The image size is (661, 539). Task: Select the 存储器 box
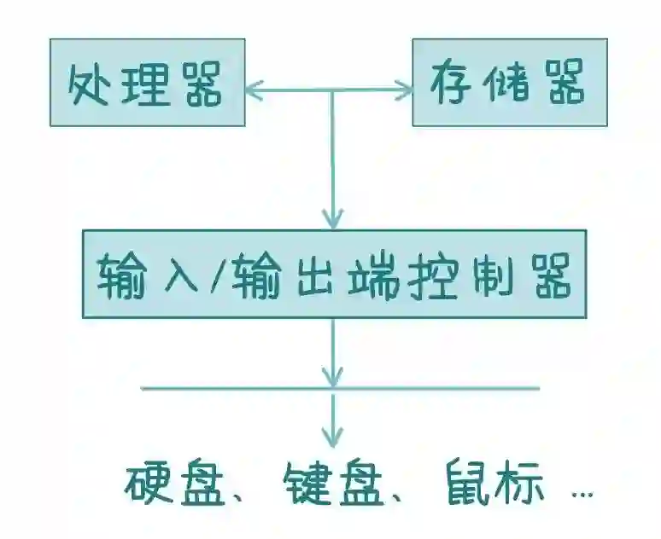[x=510, y=83]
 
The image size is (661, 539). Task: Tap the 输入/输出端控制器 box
[x=334, y=274]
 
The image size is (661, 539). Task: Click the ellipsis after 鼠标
[x=581, y=494]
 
